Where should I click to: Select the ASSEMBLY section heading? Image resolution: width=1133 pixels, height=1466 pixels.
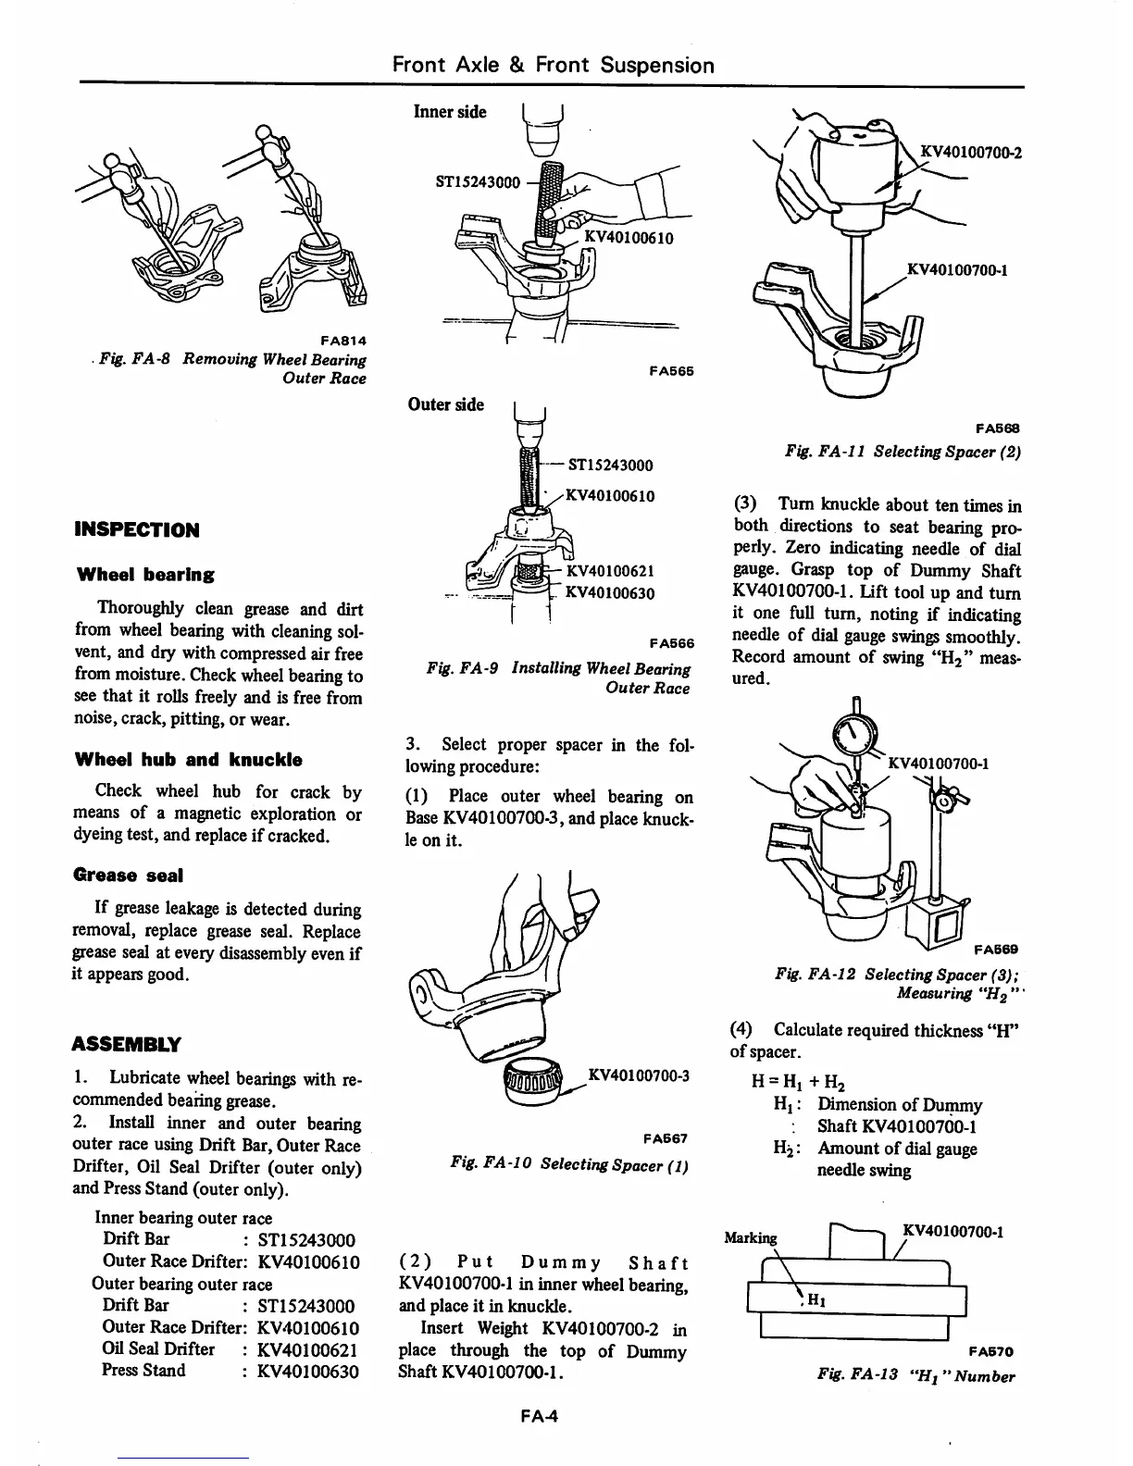[127, 1045]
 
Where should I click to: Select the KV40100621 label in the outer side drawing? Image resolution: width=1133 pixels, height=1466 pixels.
[610, 571]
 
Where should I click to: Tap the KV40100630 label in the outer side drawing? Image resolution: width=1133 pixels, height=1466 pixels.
[610, 593]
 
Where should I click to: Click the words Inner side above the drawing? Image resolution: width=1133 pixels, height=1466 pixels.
[450, 112]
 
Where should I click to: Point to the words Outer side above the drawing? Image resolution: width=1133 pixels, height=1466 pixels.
[446, 404]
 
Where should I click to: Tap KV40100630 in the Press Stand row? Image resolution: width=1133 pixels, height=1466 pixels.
[308, 1372]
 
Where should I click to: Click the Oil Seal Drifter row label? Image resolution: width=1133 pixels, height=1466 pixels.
[158, 1349]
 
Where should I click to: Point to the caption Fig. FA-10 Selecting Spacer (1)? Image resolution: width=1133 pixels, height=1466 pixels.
[568, 1162]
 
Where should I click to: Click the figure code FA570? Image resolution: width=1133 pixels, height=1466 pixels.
[995, 1350]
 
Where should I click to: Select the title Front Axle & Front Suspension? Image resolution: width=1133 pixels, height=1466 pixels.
[554, 65]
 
